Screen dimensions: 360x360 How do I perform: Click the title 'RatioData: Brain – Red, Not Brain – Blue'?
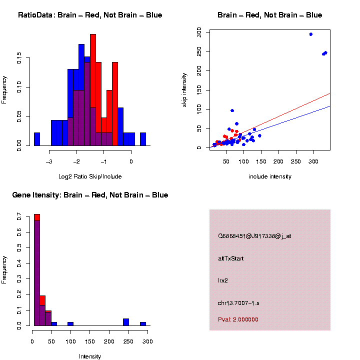click(90, 15)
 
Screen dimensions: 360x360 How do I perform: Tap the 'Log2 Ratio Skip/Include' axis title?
click(90, 176)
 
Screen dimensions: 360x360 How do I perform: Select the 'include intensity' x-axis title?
click(270, 176)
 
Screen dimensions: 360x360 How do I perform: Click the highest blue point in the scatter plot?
click(311, 34)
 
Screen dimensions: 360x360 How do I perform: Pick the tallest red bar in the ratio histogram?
click(93, 90)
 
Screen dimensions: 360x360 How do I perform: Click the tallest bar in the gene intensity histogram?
click(37, 270)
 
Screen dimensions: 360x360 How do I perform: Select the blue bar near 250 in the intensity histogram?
click(126, 322)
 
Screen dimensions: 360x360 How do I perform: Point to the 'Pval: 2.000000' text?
click(238, 319)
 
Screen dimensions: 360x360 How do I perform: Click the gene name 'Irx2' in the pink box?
click(223, 281)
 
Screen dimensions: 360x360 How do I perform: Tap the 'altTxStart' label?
click(231, 258)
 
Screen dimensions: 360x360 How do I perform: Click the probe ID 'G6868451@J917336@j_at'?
click(254, 236)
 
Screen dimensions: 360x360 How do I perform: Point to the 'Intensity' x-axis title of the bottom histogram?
click(90, 356)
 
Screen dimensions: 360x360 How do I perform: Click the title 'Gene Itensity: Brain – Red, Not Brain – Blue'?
click(90, 195)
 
